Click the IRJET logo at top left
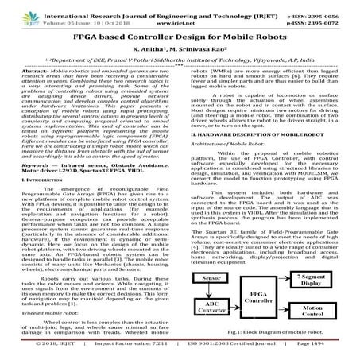tap(17, 13)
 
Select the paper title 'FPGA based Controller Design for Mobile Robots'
tap(179, 35)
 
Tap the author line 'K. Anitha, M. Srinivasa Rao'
tap(180, 48)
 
